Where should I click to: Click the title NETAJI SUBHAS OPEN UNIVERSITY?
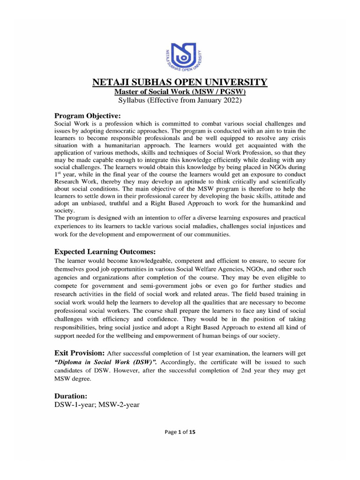pyautogui.click(x=180, y=82)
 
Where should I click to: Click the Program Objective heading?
pyautogui.click(x=88, y=115)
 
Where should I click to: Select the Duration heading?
pyautogui.click(x=71, y=396)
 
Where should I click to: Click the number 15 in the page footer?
pyautogui.click(x=192, y=433)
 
